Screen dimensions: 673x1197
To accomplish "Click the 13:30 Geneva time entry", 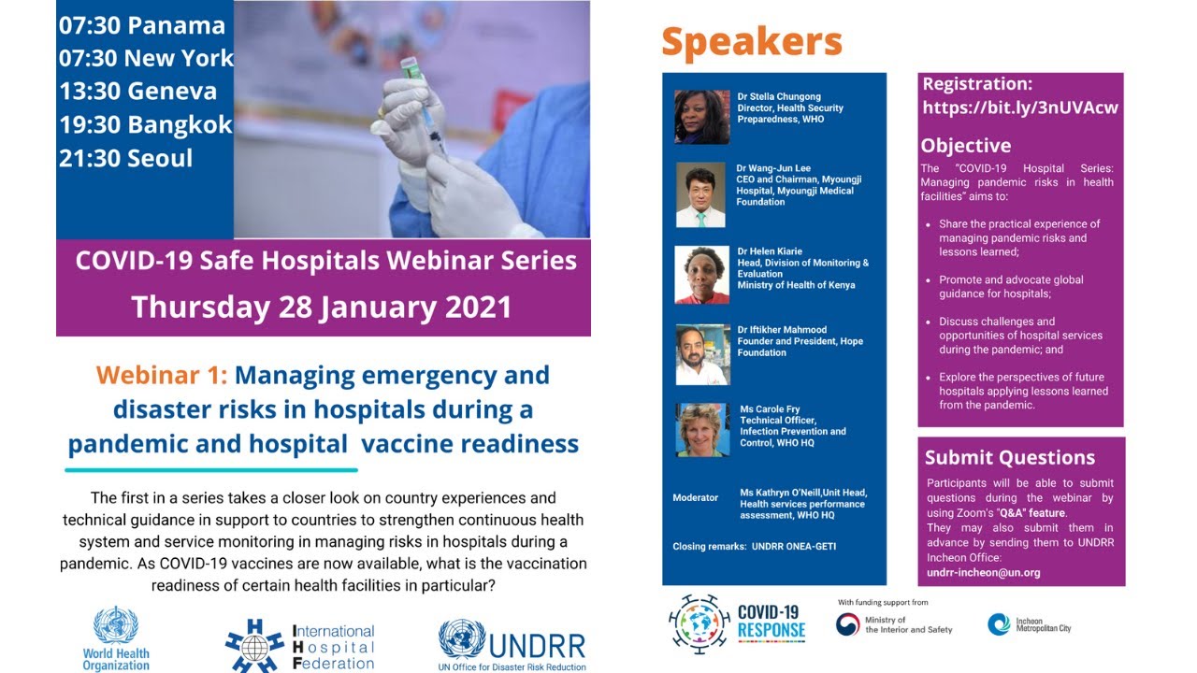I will pyautogui.click(x=137, y=92).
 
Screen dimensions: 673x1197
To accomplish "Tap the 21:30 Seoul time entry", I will pyautogui.click(x=125, y=158).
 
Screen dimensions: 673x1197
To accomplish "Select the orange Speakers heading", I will pyautogui.click(x=752, y=42).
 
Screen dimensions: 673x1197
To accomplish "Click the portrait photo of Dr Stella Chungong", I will pyautogui.click(x=701, y=117).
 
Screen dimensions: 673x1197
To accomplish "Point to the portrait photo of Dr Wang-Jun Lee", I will pyautogui.click(x=700, y=195).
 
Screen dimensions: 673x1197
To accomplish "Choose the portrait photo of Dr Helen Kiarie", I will pyautogui.click(x=701, y=275).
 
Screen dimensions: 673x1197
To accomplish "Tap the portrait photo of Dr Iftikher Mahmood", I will pyautogui.click(x=701, y=355).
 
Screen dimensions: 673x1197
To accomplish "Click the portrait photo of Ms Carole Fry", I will pyautogui.click(x=701, y=430).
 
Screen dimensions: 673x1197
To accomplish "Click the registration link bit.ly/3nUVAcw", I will pyautogui.click(x=1020, y=107).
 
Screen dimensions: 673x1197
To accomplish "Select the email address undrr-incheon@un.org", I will pyautogui.click(x=983, y=572).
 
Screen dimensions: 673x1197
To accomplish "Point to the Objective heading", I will pyautogui.click(x=965, y=146).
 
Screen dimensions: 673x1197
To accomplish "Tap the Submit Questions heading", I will pyautogui.click(x=1009, y=458).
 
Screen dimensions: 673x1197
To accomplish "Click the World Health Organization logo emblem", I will pyautogui.click(x=116, y=625).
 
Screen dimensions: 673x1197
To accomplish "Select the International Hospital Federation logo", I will pyautogui.click(x=299, y=645).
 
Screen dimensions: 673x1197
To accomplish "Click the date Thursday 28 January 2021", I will pyautogui.click(x=322, y=307).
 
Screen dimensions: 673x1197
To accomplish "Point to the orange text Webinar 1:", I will pyautogui.click(x=161, y=376).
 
